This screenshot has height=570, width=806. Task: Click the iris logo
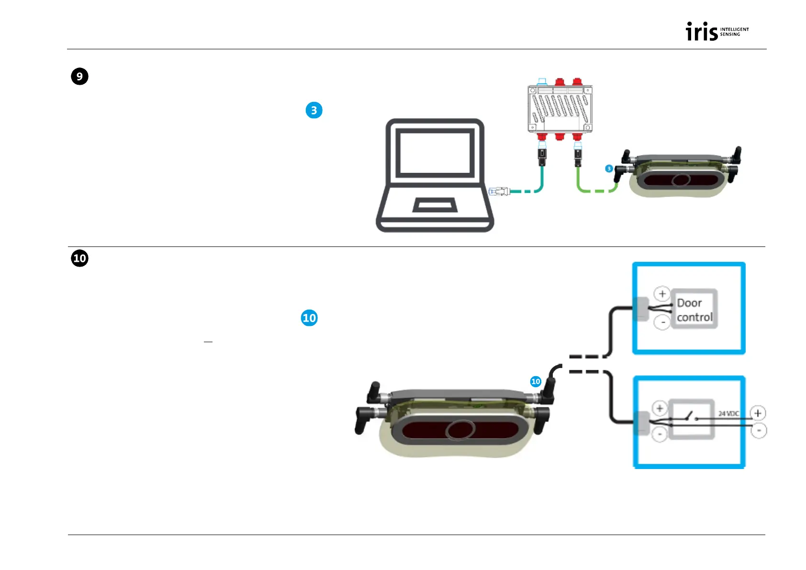716,32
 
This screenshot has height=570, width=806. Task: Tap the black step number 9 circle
80,77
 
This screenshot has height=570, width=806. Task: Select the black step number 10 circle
80,258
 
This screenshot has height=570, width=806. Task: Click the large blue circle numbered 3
314,111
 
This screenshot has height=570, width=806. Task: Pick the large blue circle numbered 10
309,318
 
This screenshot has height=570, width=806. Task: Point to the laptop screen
435,153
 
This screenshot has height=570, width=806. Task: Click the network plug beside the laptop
498,191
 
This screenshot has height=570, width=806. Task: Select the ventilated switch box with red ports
560,108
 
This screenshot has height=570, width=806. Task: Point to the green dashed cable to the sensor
596,190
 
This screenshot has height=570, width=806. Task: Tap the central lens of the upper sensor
681,180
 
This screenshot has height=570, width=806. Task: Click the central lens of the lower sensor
461,429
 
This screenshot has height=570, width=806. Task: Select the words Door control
694,310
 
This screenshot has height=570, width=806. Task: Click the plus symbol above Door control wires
662,294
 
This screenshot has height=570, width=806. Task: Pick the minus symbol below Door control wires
662,323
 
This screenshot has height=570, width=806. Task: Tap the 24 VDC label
728,414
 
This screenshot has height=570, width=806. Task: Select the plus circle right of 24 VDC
758,413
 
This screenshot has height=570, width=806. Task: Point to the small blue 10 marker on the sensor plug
536,381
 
